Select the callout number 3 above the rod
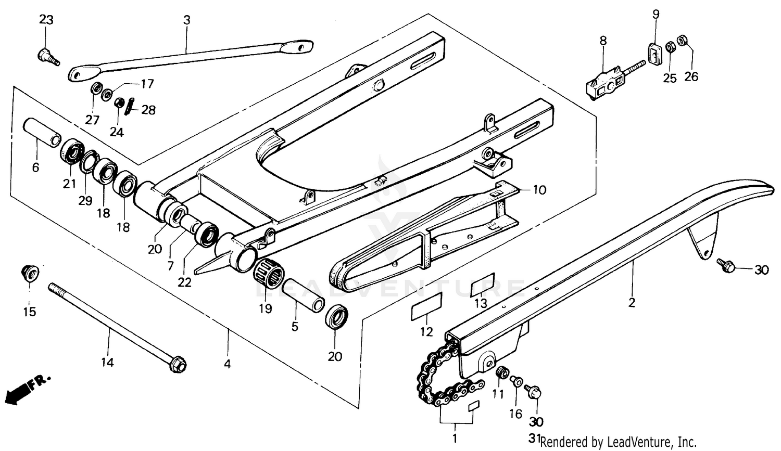click(186, 20)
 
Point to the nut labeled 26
click(682, 40)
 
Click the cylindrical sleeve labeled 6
click(42, 133)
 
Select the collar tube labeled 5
click(304, 295)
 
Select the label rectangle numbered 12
click(427, 306)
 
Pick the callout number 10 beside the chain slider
click(539, 190)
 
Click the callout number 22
click(184, 282)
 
